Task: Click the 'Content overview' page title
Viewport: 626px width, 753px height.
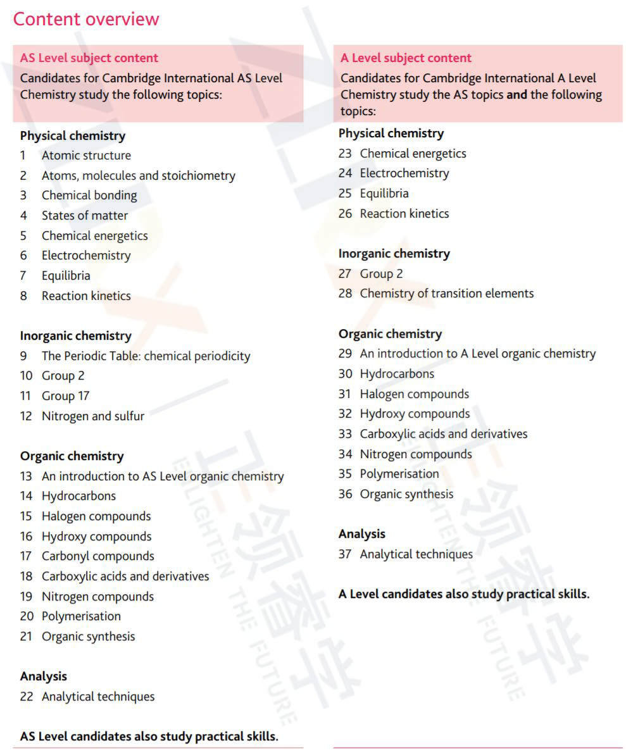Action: (x=86, y=19)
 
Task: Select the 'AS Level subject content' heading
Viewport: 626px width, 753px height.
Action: (x=89, y=58)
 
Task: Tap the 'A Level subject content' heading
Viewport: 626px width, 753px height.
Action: (x=406, y=58)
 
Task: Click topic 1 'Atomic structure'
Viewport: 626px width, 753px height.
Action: (x=86, y=156)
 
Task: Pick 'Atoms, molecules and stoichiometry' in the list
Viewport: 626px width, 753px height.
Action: (x=138, y=176)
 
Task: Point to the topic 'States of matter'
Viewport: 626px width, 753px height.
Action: (x=85, y=216)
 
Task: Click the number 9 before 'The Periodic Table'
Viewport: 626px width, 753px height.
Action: (x=23, y=356)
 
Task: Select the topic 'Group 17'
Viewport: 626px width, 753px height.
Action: (x=65, y=396)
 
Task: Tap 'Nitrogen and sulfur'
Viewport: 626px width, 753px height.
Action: (x=93, y=416)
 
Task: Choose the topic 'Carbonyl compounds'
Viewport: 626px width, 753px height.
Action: (x=98, y=556)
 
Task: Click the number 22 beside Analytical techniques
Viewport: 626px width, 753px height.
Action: (x=26, y=697)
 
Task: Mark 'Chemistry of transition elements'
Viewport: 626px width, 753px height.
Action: (x=447, y=294)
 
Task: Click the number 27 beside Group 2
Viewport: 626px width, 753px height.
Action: (x=345, y=274)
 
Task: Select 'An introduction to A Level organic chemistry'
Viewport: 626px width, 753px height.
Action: (x=478, y=354)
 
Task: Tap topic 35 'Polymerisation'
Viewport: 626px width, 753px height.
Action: (x=399, y=474)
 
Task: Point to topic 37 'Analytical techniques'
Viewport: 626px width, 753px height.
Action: (x=416, y=554)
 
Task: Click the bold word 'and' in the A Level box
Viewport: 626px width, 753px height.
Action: (x=516, y=95)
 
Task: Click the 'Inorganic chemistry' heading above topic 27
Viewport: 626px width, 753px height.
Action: (x=394, y=254)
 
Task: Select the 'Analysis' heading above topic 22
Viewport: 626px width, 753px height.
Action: (x=44, y=676)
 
